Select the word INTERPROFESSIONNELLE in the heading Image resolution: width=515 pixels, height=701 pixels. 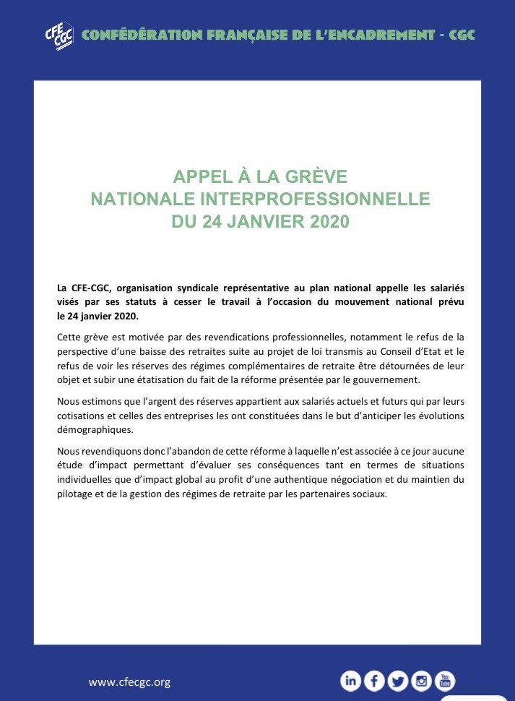pyautogui.click(x=311, y=199)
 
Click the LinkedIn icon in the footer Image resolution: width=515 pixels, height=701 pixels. pyautogui.click(x=351, y=681)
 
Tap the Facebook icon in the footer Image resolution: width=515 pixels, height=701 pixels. pyautogui.click(x=374, y=681)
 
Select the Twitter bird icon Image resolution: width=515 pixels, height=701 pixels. pyautogui.click(x=397, y=681)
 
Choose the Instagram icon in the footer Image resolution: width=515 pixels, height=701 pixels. pyautogui.click(x=421, y=681)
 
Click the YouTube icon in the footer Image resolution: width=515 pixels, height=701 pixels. pyautogui.click(x=445, y=681)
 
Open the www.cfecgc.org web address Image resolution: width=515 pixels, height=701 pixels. pyautogui.click(x=129, y=682)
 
